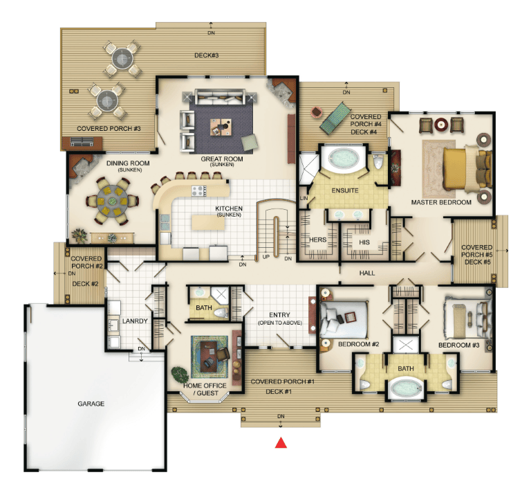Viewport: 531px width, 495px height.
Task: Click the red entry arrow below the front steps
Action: coord(281,443)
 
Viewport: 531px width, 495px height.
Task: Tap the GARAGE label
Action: coord(91,404)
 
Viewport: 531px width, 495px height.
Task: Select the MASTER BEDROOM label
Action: coord(441,202)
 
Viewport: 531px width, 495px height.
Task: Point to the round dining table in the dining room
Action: coord(112,201)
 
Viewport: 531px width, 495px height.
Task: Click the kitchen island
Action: coord(208,222)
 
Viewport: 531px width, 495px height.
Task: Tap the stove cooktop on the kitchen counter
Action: coord(199,191)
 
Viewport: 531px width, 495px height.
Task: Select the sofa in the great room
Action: coord(220,97)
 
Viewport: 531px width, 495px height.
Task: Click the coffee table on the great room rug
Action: coord(221,127)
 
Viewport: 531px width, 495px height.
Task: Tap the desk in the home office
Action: coord(209,357)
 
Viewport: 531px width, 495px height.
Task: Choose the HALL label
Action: coord(367,273)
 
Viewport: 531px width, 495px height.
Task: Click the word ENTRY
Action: coord(279,314)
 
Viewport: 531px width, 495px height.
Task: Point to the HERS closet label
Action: coord(317,240)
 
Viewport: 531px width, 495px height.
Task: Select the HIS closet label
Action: coord(364,242)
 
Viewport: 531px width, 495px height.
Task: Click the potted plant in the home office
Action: coord(180,375)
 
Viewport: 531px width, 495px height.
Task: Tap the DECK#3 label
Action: coord(206,55)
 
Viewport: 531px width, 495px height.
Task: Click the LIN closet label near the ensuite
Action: coord(304,198)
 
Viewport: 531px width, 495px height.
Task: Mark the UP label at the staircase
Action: coord(265,257)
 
